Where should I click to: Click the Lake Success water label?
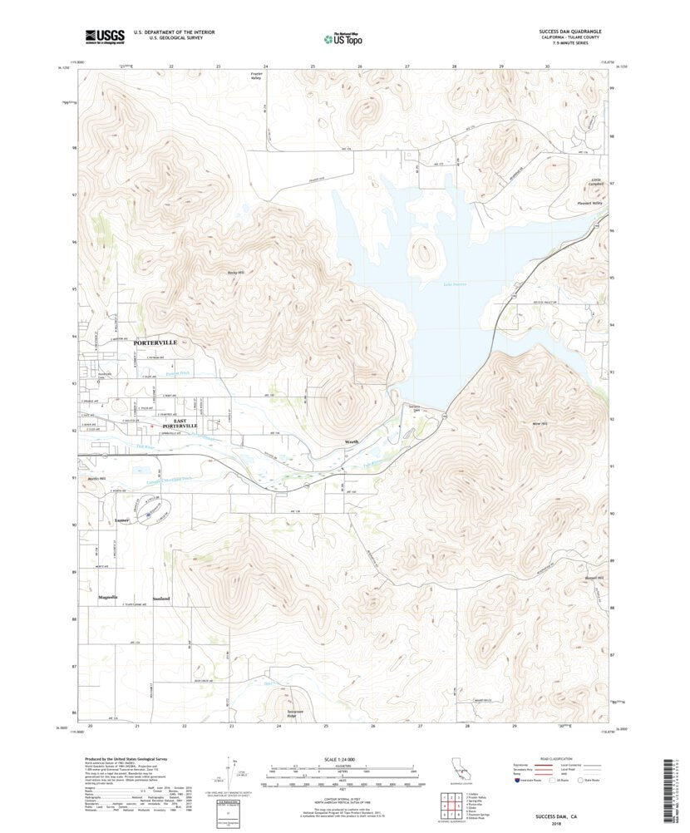[x=454, y=284]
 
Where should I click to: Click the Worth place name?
[x=352, y=441]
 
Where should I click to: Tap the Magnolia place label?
[x=107, y=597]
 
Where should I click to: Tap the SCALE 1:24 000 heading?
[x=344, y=757]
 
